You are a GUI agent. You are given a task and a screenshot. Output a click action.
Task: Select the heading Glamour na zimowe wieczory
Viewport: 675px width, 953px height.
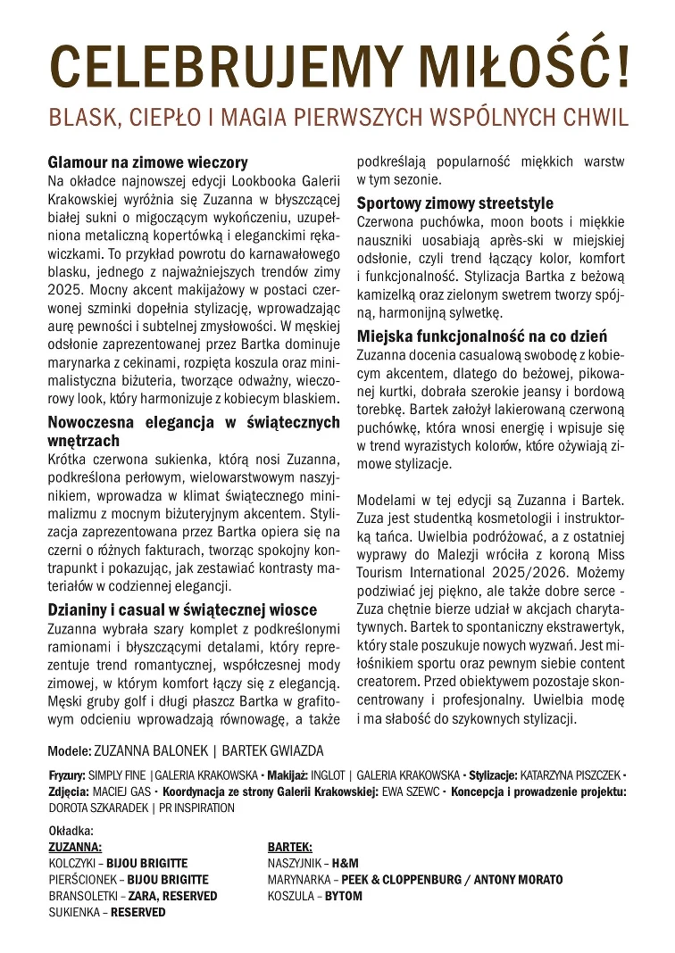pyautogui.click(x=147, y=163)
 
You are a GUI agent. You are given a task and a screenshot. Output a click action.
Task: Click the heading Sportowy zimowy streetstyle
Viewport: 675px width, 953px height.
pyautogui.click(x=454, y=203)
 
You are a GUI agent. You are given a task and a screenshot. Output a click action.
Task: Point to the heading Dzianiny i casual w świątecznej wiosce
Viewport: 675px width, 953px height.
pyautogui.click(x=182, y=609)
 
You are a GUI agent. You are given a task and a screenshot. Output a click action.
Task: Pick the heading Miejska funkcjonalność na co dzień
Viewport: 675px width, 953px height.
pyautogui.click(x=482, y=336)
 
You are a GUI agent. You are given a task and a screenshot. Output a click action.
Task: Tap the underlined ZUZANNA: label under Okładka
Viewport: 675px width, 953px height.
pyautogui.click(x=75, y=847)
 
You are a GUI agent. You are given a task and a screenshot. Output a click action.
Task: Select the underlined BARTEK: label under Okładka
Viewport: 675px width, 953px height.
pyautogui.click(x=289, y=847)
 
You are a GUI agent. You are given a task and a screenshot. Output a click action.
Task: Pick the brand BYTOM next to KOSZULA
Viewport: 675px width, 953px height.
pyautogui.click(x=344, y=896)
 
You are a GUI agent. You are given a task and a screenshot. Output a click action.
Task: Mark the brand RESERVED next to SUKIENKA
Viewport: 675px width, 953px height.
pyautogui.click(x=137, y=913)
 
